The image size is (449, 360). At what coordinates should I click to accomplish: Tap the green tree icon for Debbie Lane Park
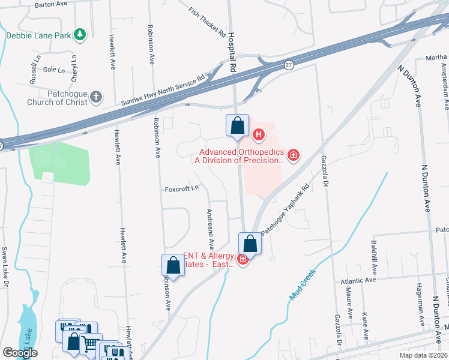point(80,34)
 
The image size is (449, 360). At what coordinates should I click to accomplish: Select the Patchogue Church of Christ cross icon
point(96,97)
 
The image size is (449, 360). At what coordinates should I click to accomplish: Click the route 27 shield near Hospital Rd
point(289,65)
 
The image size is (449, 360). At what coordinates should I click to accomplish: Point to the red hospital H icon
point(259,134)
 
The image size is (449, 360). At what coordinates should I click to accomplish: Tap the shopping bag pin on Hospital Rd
point(238,126)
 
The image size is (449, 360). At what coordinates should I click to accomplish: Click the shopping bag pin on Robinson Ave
point(173,265)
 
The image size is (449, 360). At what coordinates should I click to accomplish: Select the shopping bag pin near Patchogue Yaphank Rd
point(250,244)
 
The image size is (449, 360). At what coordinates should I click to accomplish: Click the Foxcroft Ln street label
point(182,190)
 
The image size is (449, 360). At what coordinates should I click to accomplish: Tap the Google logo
point(19,353)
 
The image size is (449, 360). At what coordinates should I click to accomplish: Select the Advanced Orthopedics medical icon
point(294,156)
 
